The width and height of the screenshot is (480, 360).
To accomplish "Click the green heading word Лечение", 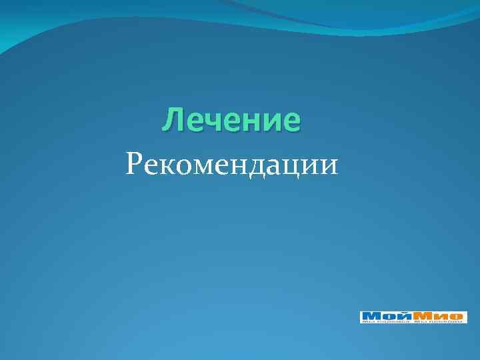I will pyautogui.click(x=231, y=121).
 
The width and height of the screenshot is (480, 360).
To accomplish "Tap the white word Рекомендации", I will pyautogui.click(x=231, y=163).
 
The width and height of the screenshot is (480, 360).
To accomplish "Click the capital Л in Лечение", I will pyautogui.click(x=173, y=121).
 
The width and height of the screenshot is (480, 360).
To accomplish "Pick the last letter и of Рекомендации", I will pyautogui.click(x=329, y=165).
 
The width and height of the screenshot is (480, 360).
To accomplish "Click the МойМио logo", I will pyautogui.click(x=413, y=317).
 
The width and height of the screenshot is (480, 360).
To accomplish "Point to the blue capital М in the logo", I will pyautogui.click(x=371, y=316).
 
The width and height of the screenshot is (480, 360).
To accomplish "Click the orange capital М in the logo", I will pyautogui.click(x=423, y=316).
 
